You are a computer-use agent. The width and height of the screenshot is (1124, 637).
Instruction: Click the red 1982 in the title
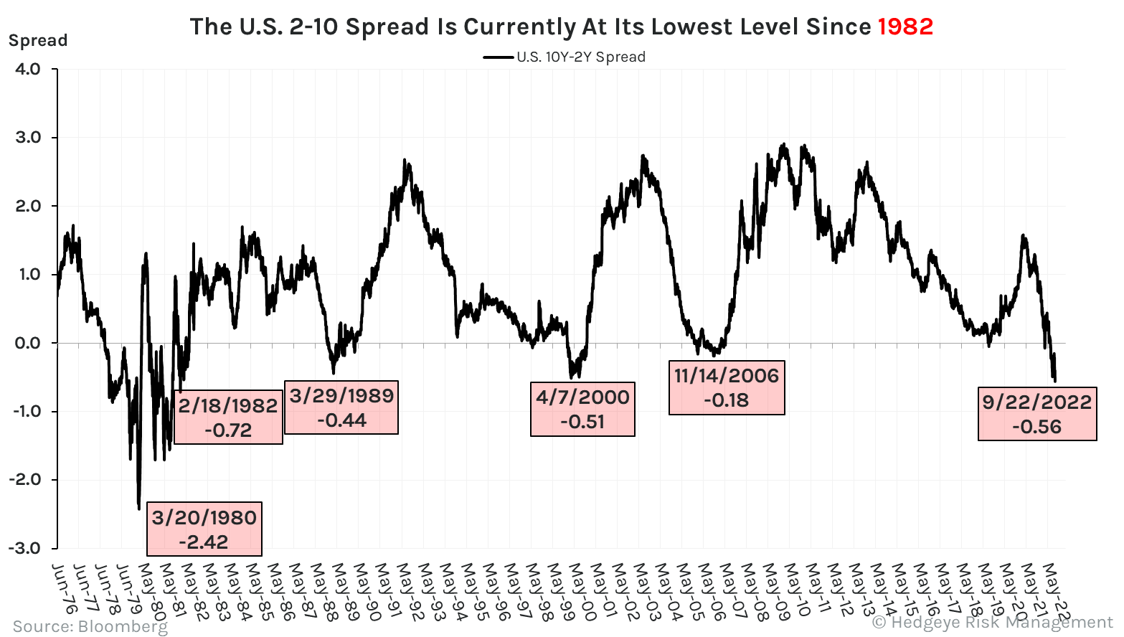[x=905, y=27]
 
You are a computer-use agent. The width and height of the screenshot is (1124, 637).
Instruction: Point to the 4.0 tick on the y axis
[x=27, y=69]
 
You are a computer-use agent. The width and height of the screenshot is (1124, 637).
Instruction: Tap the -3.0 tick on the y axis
[x=24, y=548]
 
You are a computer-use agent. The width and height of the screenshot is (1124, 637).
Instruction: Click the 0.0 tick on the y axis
[x=27, y=343]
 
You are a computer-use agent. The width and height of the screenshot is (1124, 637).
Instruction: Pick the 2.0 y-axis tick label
[x=27, y=206]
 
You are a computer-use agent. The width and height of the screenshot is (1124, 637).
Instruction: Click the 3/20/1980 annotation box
[x=204, y=529]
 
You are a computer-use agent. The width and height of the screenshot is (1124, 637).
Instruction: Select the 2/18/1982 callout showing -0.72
[x=228, y=417]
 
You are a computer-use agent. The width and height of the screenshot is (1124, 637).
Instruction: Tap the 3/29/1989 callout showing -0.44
[x=341, y=407]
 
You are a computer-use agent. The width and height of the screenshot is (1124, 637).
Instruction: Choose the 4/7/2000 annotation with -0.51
[x=582, y=409]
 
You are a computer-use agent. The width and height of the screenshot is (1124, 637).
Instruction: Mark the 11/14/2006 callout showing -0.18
[x=727, y=387]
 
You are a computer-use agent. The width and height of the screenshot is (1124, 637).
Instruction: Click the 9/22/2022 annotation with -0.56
[x=1037, y=414]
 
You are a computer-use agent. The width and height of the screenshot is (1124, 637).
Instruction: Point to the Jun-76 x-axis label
[x=65, y=589]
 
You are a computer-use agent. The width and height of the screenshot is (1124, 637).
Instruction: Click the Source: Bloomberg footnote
[x=90, y=626]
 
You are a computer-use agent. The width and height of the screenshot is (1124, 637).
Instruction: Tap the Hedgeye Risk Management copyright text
[x=993, y=622]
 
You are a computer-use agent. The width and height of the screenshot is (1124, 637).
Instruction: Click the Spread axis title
[x=38, y=40]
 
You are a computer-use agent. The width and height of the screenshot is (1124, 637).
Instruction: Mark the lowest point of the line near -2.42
[x=138, y=509]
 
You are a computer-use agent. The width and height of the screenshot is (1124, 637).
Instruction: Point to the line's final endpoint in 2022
[x=1054, y=381]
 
